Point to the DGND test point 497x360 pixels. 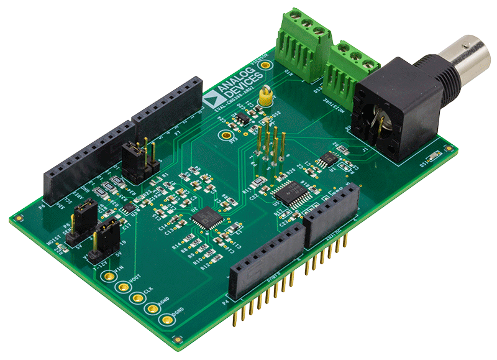(166, 320)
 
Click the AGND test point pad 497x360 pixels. (151, 308)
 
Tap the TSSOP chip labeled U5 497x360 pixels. (288, 192)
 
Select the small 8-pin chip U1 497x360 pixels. (326, 159)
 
